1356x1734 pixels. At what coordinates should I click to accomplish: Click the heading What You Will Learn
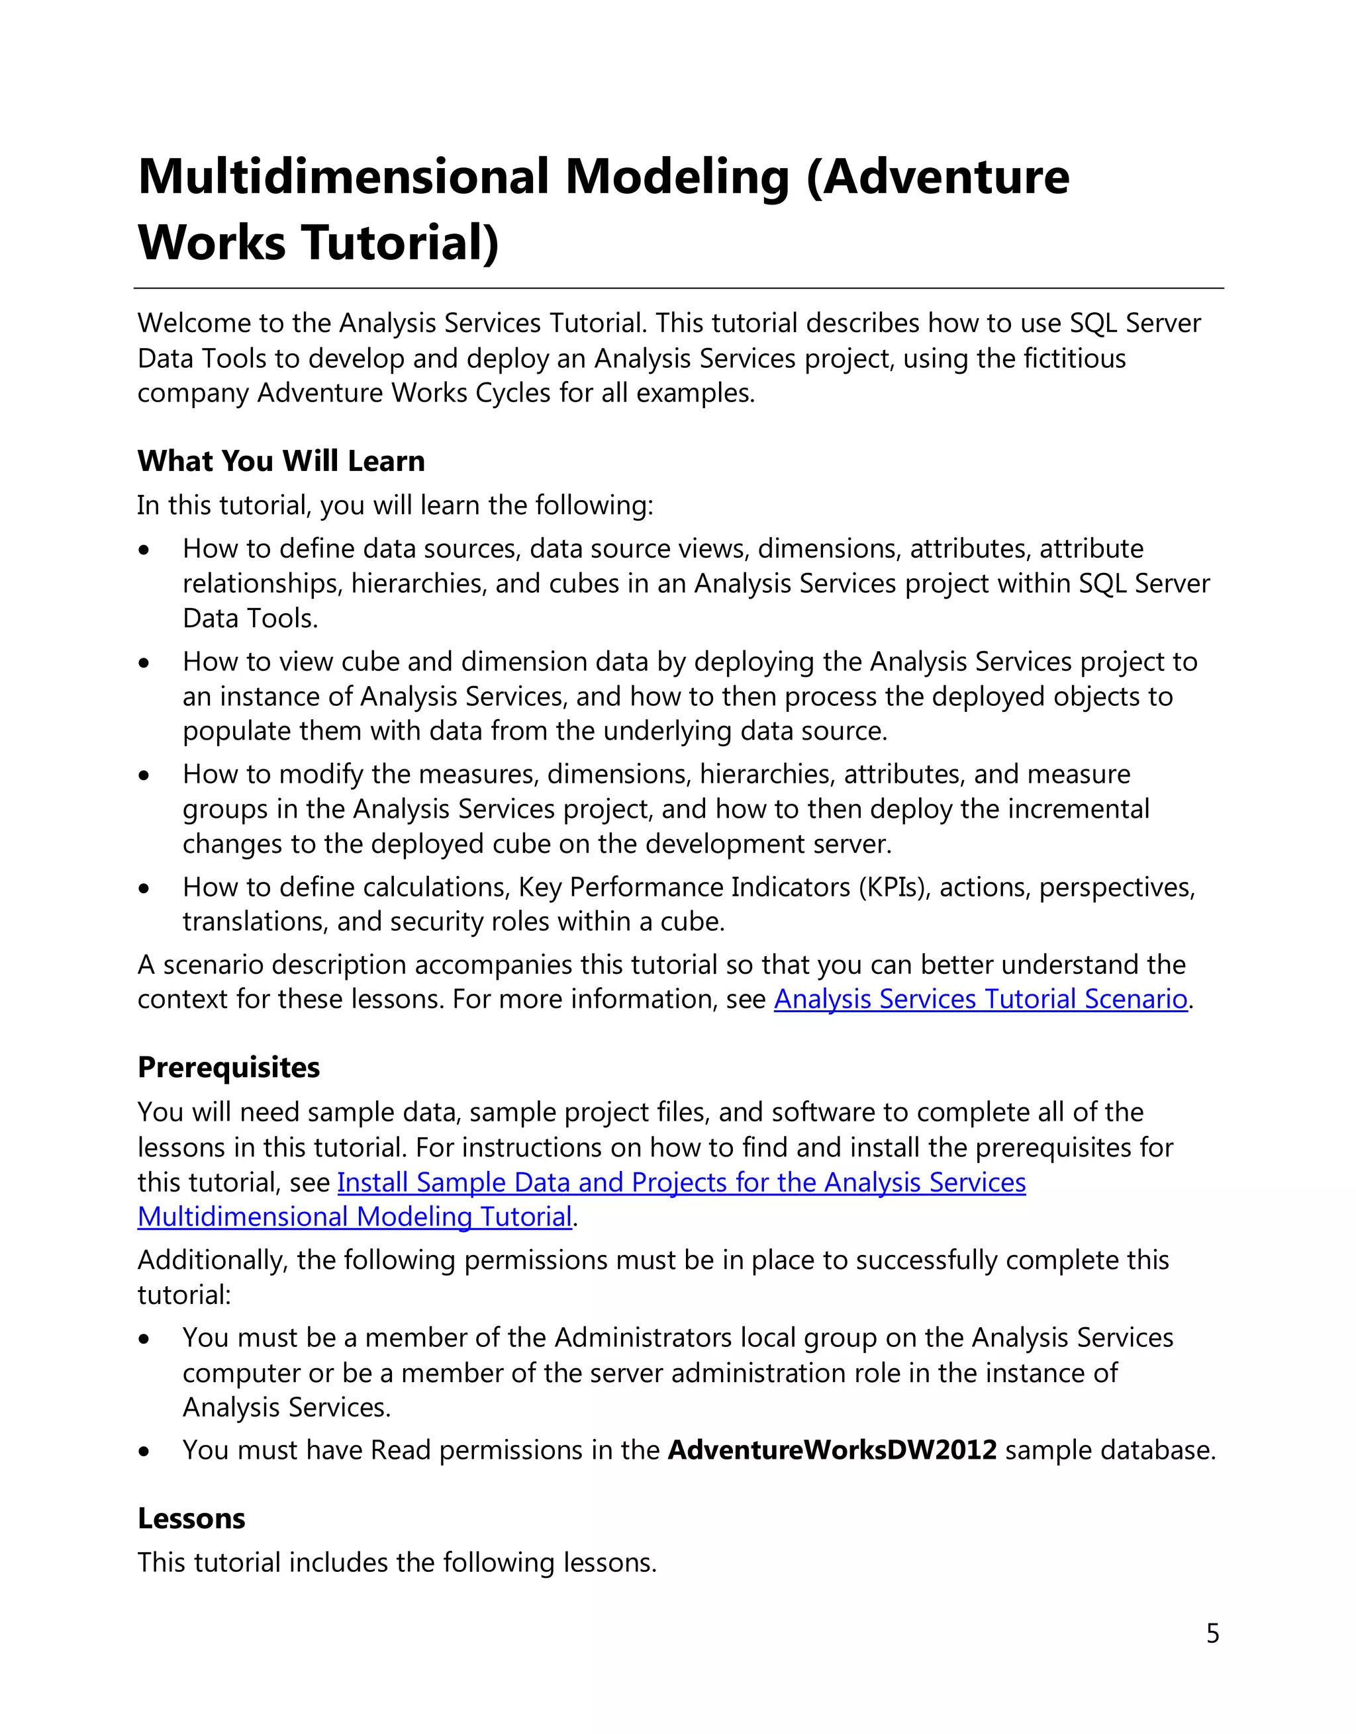tap(281, 461)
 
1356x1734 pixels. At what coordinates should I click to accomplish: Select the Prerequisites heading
tap(229, 1068)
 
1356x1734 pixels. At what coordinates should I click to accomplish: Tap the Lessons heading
tap(191, 1519)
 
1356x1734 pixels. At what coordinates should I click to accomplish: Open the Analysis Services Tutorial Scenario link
tap(981, 999)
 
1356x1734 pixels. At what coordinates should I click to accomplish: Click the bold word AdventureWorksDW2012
tap(832, 1451)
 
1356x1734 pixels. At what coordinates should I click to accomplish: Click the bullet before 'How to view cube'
tap(144, 663)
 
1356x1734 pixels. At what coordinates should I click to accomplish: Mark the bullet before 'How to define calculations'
tap(144, 889)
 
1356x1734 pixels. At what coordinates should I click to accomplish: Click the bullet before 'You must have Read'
tap(144, 1452)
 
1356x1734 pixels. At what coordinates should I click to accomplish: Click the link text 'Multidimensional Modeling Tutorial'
tap(354, 1217)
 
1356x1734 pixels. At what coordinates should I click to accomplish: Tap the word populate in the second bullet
tap(226, 730)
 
